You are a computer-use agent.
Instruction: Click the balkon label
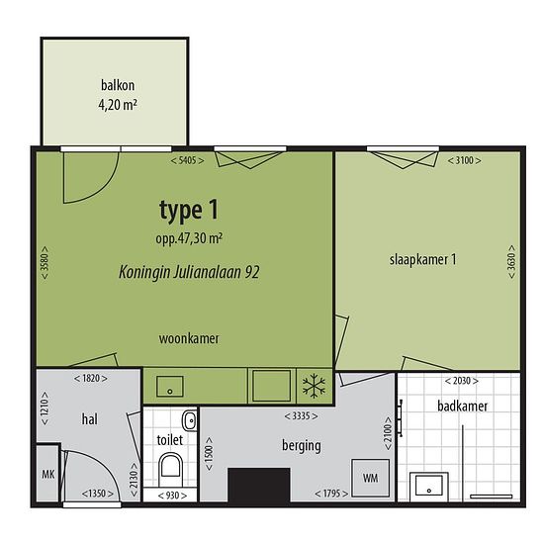tap(118, 85)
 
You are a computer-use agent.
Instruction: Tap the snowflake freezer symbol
tap(314, 386)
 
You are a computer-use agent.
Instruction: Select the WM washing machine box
tap(371, 478)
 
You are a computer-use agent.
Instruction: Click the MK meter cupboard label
tap(48, 474)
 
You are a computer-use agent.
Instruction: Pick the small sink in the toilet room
tap(190, 420)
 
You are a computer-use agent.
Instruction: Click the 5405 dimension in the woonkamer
tap(187, 160)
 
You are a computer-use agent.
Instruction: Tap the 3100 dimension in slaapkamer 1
tap(464, 160)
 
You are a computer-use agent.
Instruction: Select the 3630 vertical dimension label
tap(511, 261)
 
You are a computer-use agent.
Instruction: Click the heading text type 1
tap(189, 211)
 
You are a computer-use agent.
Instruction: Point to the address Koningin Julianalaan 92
tap(189, 272)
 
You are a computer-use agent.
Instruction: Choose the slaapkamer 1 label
tap(423, 259)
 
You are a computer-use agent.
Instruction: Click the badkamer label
tap(463, 406)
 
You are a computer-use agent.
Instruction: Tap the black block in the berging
tap(259, 485)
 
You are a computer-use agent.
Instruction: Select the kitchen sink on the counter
tap(170, 387)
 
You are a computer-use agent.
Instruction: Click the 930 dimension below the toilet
tap(172, 496)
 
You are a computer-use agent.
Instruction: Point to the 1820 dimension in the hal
tap(91, 378)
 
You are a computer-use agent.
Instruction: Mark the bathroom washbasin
tap(429, 487)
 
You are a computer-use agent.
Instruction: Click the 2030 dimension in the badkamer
tap(462, 381)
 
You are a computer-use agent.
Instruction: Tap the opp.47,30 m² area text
tap(189, 238)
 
